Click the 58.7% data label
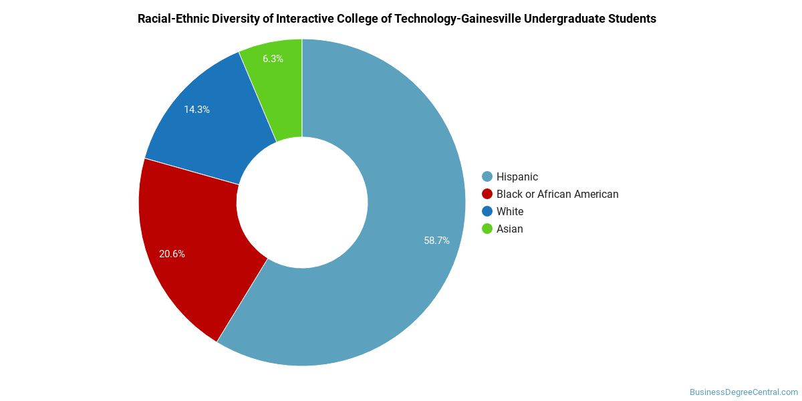point(436,241)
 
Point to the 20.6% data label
point(172,254)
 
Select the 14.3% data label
point(196,110)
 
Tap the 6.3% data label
point(273,59)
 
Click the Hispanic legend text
point(517,177)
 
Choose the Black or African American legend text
point(557,194)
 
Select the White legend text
point(510,212)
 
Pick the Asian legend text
point(509,229)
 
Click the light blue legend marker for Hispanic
point(487,176)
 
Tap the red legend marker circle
point(487,194)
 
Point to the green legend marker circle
point(487,229)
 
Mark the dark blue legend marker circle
point(487,211)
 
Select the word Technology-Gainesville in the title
point(457,19)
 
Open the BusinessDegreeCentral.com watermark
point(744,392)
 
